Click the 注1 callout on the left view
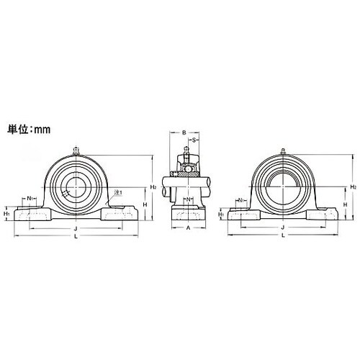[x=119, y=192]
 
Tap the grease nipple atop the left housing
[x=74, y=150]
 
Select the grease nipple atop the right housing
[x=283, y=150]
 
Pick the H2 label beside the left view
[x=153, y=186]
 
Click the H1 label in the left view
[x=6, y=213]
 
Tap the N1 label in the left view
[x=31, y=198]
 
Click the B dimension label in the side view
[x=184, y=132]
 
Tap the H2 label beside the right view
[x=353, y=186]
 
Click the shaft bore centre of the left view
[x=74, y=187]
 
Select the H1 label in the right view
[x=222, y=214]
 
